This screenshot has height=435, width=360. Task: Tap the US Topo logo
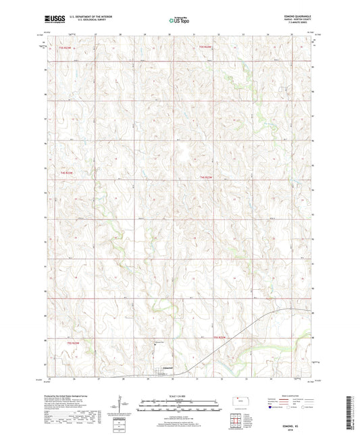point(178,21)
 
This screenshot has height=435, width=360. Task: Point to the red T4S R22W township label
point(207,178)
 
